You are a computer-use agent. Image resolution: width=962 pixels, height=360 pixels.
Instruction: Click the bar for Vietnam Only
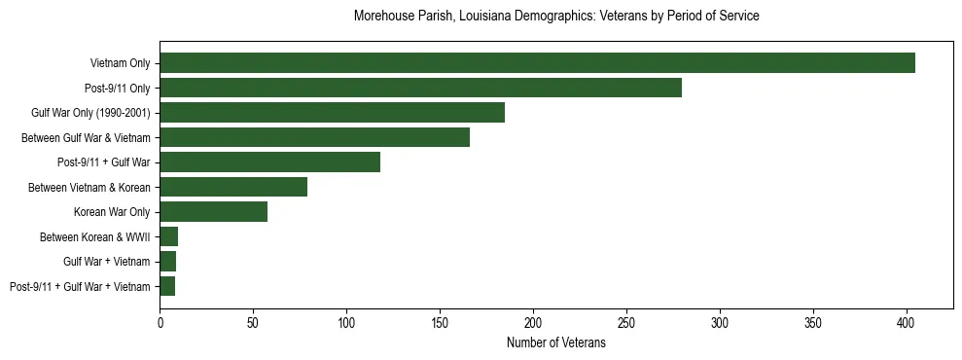pyautogui.click(x=537, y=63)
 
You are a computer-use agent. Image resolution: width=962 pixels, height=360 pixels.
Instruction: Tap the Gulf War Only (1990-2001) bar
pyautogui.click(x=332, y=113)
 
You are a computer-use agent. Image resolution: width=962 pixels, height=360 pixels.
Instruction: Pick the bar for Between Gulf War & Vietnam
pyautogui.click(x=314, y=137)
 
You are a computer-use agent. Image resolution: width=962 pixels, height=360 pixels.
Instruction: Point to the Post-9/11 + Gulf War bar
pyautogui.click(x=269, y=162)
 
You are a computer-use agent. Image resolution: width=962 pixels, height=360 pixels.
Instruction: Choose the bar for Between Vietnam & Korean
pyautogui.click(x=233, y=187)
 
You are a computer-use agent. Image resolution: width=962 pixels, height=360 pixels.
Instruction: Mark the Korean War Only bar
pyautogui.click(x=213, y=212)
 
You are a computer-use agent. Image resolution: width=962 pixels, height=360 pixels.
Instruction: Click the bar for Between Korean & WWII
pyautogui.click(x=169, y=236)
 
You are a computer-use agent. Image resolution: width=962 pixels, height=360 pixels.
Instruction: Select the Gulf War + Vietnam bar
pyautogui.click(x=168, y=262)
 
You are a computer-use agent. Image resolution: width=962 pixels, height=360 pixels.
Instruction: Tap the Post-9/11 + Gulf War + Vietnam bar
pyautogui.click(x=167, y=286)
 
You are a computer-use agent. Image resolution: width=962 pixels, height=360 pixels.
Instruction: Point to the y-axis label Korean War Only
pyautogui.click(x=112, y=212)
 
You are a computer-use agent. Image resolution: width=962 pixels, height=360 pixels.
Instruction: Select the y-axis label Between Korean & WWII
pyautogui.click(x=95, y=236)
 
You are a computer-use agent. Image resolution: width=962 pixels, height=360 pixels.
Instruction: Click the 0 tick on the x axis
pyautogui.click(x=160, y=320)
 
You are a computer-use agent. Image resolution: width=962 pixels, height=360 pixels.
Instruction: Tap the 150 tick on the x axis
pyautogui.click(x=440, y=320)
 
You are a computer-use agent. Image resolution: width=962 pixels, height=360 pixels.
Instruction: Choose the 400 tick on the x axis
pyautogui.click(x=907, y=320)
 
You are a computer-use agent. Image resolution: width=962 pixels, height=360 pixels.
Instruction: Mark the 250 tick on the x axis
pyautogui.click(x=626, y=320)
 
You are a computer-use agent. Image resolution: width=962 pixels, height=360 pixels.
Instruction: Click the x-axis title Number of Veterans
pyautogui.click(x=555, y=342)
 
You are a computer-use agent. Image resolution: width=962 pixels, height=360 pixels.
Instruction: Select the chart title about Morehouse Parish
pyautogui.click(x=555, y=17)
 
